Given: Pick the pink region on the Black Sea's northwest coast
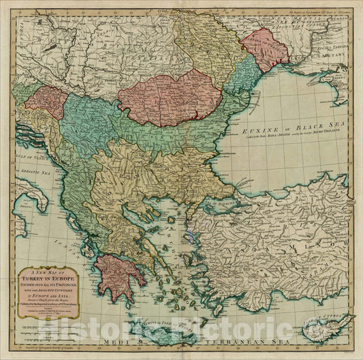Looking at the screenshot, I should tap(264, 48).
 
